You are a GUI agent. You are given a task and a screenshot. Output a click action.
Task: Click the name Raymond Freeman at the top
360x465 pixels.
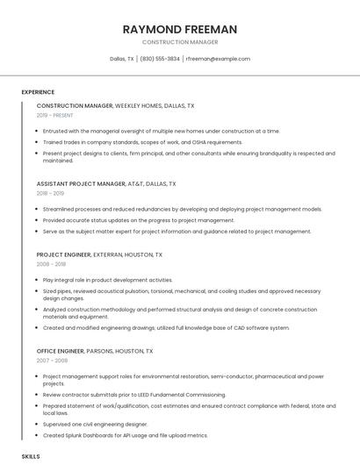coord(180,29)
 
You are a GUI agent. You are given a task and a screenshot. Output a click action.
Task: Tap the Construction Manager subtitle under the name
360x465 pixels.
coord(180,42)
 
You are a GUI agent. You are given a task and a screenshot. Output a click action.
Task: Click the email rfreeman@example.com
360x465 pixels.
coord(218,59)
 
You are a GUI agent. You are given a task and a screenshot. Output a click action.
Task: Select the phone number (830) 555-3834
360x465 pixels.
coord(160,59)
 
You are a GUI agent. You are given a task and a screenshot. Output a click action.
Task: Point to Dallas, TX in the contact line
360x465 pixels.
coord(121,59)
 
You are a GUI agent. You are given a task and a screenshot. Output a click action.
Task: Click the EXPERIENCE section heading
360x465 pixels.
coord(38,91)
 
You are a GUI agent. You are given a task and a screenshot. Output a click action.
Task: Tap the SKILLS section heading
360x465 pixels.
coord(31,457)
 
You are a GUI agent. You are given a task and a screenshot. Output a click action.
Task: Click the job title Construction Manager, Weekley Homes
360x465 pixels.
coord(115,105)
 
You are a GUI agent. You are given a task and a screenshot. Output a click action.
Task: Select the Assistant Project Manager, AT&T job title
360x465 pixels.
coord(106,184)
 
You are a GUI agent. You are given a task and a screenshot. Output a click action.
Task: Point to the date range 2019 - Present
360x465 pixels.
coord(55,115)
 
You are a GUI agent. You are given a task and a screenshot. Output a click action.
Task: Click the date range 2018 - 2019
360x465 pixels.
coord(50,193)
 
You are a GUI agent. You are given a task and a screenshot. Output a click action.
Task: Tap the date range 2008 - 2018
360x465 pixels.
coord(51,263)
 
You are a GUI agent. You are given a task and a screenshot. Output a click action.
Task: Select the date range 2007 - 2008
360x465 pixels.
coord(52,360)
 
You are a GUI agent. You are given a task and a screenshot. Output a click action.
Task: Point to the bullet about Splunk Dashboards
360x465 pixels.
coord(125,434)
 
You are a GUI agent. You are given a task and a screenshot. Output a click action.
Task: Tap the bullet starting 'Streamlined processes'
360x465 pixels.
coord(182,210)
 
